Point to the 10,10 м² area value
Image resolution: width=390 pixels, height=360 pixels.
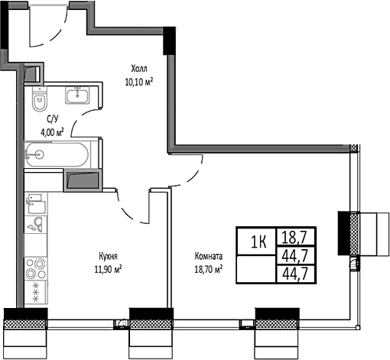coord(138,80)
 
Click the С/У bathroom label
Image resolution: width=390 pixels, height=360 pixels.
coord(53,118)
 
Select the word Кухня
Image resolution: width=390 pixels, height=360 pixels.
coord(107,257)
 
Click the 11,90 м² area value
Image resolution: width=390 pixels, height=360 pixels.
coord(107,268)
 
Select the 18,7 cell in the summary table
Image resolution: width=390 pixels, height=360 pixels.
coord(294,237)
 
